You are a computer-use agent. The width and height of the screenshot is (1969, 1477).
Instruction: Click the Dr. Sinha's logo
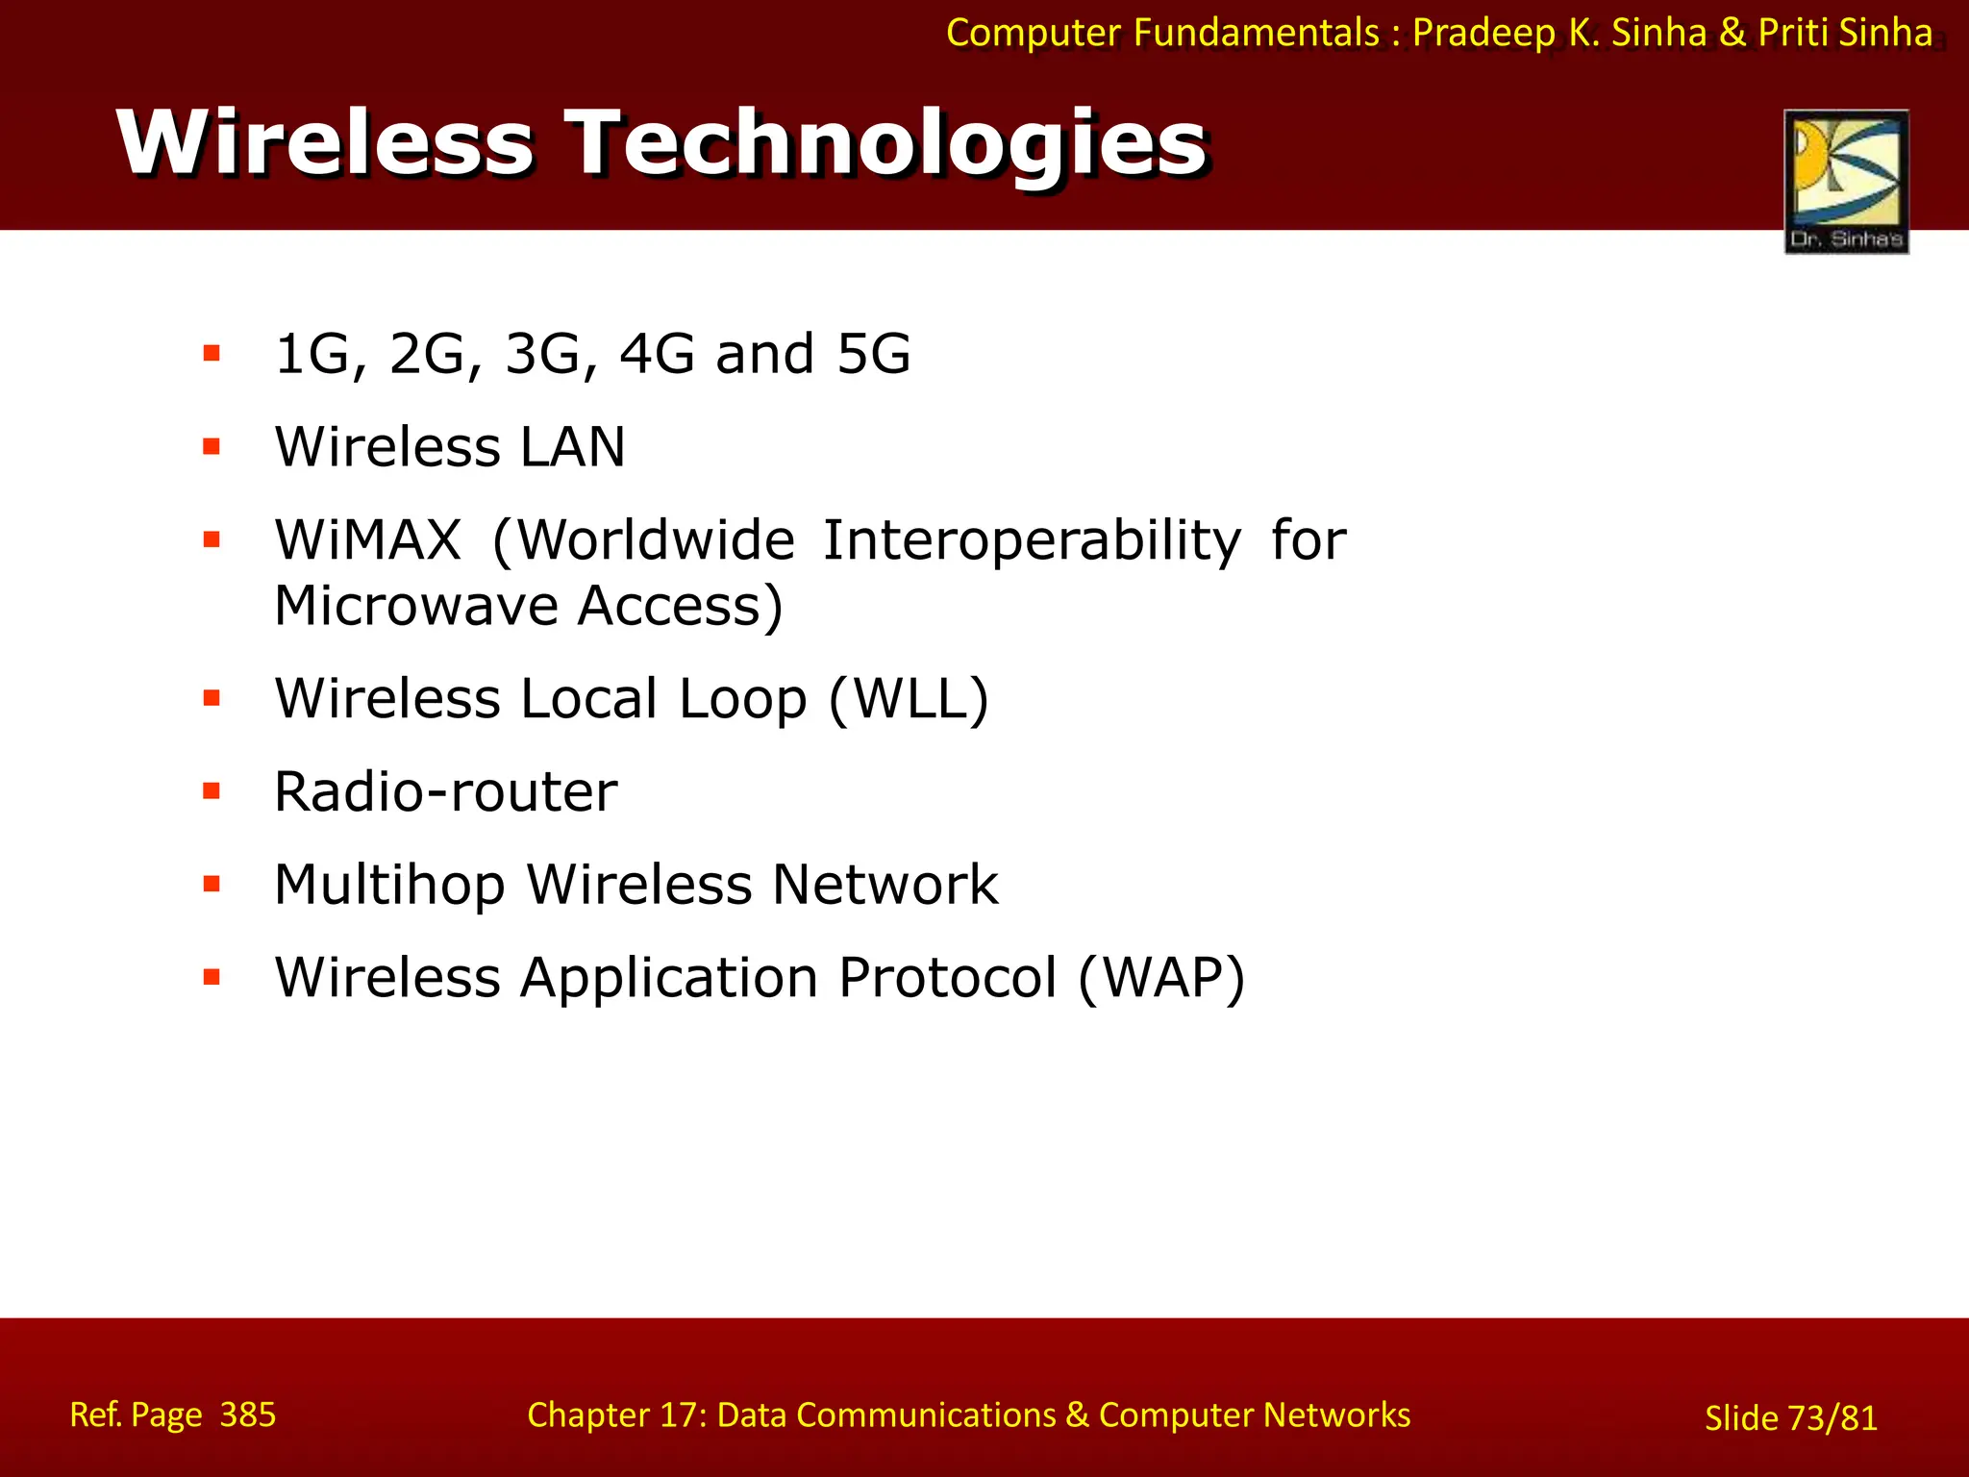point(1846,181)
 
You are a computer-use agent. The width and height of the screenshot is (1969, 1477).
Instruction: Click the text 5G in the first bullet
point(873,354)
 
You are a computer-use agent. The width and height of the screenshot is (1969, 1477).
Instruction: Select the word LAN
point(573,447)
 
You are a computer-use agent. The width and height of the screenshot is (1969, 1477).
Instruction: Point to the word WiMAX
point(368,539)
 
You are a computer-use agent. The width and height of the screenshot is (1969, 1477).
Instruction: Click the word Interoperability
point(1032,540)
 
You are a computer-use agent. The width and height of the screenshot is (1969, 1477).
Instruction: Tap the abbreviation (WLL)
point(909,698)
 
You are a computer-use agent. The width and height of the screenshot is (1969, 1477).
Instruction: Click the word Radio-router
point(446,791)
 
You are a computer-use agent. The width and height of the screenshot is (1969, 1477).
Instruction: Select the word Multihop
point(389,885)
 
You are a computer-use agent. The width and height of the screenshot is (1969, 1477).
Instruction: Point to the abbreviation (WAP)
point(1161,978)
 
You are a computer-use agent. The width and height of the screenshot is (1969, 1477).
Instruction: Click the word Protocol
point(948,978)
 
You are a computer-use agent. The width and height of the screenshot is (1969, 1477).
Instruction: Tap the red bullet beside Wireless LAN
point(212,447)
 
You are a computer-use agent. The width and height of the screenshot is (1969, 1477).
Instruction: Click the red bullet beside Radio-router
point(212,791)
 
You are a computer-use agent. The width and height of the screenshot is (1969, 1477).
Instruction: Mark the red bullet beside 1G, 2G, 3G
point(212,354)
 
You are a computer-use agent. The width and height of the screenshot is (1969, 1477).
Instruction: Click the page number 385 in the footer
point(248,1414)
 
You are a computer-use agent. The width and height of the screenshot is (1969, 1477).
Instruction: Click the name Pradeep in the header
point(1483,33)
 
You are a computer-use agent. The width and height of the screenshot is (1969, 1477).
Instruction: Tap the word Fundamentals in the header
point(1257,33)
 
